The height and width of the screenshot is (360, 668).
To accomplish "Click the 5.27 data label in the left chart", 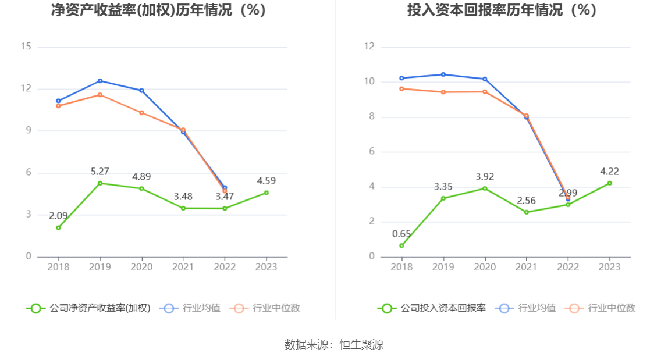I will (x=100, y=172).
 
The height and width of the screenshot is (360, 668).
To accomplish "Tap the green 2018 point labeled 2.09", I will (x=58, y=227).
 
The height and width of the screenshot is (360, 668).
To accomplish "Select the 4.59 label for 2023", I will (x=267, y=181).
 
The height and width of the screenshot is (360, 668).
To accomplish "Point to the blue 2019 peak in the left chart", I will (x=100, y=81).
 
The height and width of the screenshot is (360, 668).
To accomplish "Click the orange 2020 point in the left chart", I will (x=141, y=112).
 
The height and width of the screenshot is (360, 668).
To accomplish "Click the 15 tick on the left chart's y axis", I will (x=26, y=47).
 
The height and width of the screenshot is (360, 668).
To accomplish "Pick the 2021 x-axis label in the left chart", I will (x=183, y=267).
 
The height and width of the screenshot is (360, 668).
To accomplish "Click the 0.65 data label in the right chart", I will (x=401, y=234).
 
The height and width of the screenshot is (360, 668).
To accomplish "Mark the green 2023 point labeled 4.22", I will (x=610, y=183).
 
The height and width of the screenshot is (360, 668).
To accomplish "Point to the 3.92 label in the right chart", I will (x=485, y=177).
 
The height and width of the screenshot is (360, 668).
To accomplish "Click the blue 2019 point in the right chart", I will (x=443, y=74).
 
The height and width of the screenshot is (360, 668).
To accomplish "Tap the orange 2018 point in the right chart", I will (x=401, y=88).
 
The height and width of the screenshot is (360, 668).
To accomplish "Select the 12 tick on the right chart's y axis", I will (x=369, y=47).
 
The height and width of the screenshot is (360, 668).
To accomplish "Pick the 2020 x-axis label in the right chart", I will (x=485, y=267).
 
